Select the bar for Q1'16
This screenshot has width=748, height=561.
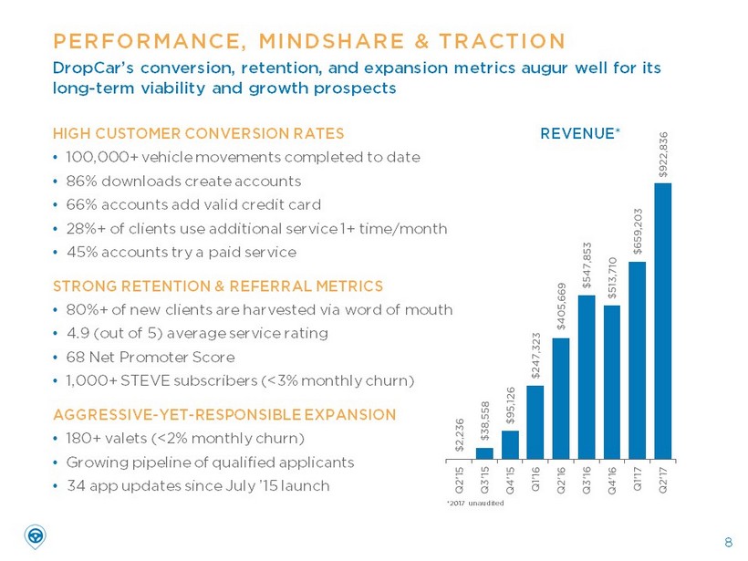coord(535,421)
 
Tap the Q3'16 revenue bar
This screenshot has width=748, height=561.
coord(587,376)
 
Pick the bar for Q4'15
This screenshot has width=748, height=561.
coord(510,443)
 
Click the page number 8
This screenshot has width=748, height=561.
coord(727,544)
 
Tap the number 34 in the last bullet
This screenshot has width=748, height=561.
coord(76,485)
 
